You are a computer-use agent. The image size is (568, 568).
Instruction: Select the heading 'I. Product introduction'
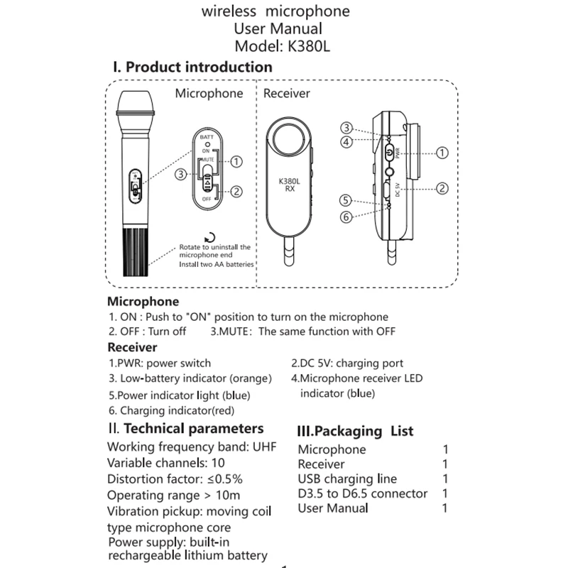coord(192,67)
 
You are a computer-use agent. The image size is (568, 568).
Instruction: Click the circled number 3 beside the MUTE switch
coord(182,173)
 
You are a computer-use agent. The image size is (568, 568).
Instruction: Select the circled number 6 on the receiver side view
coord(346,217)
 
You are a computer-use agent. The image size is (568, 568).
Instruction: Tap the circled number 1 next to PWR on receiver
coord(442,153)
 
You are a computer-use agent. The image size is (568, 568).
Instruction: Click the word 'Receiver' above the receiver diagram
coord(287,94)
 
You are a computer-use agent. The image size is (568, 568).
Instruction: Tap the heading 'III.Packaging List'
coord(355,431)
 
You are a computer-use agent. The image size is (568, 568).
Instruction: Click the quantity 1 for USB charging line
coord(445,479)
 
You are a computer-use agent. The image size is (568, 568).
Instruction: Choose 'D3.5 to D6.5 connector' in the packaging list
coord(363,493)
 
